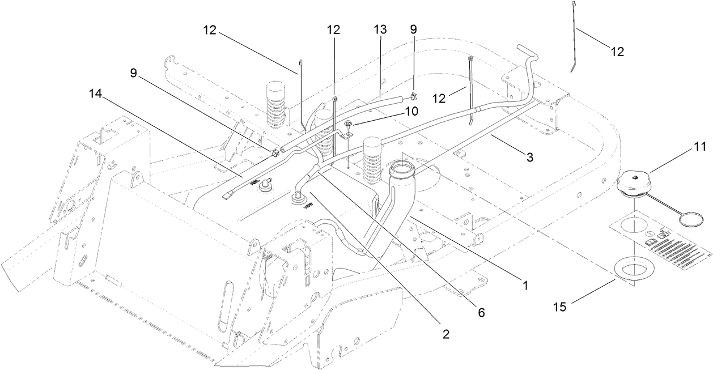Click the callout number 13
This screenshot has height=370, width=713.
[x=380, y=30]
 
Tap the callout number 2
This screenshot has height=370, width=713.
[x=446, y=335]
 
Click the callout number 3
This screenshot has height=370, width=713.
[x=529, y=158]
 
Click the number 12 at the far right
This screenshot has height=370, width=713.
[x=617, y=52]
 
